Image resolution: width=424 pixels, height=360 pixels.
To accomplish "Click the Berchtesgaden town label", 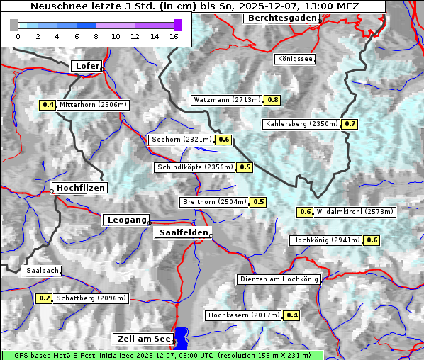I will tap(281, 18).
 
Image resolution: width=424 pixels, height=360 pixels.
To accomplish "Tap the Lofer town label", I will tap(86, 66).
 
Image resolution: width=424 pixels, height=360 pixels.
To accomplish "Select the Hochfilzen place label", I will tap(80, 188).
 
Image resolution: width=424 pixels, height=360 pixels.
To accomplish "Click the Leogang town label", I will tap(127, 220).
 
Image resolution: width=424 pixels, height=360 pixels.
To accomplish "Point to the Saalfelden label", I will tap(182, 232).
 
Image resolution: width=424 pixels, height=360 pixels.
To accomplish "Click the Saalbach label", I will tap(42, 271).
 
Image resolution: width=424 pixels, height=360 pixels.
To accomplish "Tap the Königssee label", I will tap(294, 59).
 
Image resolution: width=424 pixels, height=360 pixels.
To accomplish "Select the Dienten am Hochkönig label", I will tap(278, 279).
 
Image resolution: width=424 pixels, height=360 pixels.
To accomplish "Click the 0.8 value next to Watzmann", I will tap(272, 100).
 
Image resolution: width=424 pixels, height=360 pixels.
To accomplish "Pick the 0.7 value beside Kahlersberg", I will tap(350, 124).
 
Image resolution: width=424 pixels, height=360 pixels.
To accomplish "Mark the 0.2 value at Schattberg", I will tap(44, 298).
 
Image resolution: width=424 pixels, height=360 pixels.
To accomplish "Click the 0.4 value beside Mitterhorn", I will tap(48, 105).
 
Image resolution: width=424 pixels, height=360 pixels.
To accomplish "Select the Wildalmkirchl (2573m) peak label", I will tap(355, 211).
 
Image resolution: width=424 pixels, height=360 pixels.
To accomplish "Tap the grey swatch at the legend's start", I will tap(14, 25).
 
